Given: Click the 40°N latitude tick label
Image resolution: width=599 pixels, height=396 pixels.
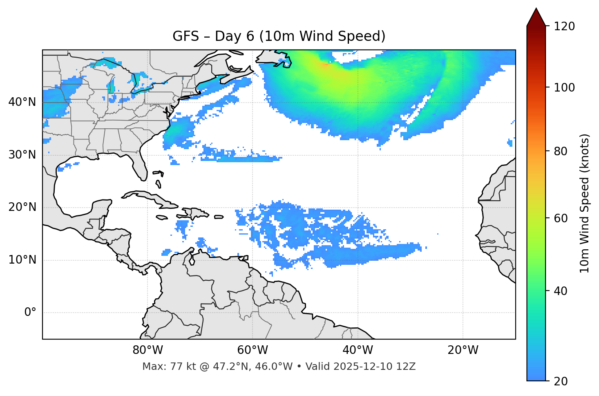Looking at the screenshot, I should coord(22,102).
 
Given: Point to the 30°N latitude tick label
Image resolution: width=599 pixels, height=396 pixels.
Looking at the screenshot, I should coord(22,155).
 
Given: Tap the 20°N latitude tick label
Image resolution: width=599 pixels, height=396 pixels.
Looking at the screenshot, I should coord(22,208).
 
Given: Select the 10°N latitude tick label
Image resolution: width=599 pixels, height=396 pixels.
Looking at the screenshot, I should coord(22,260).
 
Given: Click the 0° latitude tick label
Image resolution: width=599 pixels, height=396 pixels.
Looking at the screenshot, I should coord(30,313).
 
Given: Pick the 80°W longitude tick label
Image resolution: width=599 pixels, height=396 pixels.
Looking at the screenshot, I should coord(148,350).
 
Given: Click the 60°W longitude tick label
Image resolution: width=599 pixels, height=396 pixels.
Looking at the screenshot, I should coord(253,350).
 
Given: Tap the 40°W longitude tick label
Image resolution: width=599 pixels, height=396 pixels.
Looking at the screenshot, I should coord(358,350).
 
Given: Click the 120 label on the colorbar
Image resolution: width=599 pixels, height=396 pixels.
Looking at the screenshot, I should coord(564,27).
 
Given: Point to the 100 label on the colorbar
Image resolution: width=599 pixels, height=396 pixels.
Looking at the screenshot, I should coord(564,87).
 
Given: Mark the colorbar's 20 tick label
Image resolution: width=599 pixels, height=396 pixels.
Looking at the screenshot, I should coord(561,381).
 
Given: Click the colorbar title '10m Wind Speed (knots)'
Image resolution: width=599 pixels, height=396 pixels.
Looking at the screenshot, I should coord(585,203).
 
